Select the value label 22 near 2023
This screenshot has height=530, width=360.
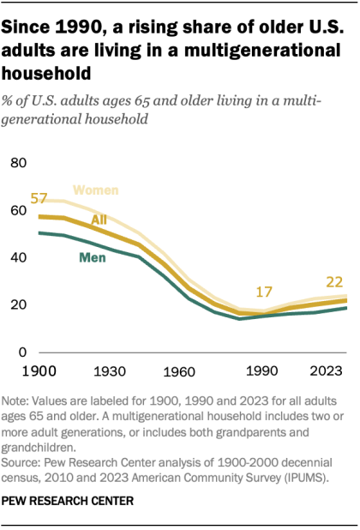pos(335,281)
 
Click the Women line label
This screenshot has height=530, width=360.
pos(96,190)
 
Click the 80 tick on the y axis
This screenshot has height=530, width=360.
pos(20,162)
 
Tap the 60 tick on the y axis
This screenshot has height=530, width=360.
pos(20,209)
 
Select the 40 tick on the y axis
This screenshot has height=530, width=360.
pos(20,257)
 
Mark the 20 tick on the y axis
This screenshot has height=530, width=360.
pos(20,304)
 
